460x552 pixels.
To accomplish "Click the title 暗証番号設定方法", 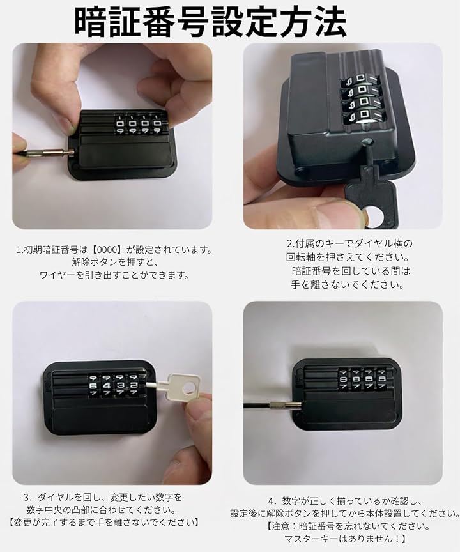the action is [x=210, y=22].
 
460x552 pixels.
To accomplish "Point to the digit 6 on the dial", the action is [x=93, y=386].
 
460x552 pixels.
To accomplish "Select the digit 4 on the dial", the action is [x=107, y=386].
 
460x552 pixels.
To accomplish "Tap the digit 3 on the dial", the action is [x=120, y=385].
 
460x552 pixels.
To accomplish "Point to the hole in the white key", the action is [x=189, y=388].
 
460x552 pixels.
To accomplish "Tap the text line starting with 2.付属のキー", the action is [x=349, y=243].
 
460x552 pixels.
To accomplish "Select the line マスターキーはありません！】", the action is [x=346, y=539].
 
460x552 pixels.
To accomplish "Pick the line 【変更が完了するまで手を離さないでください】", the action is [x=103, y=522].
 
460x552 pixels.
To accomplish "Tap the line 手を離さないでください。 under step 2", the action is [x=348, y=284].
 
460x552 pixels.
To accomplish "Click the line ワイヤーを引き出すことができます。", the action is [x=115, y=275].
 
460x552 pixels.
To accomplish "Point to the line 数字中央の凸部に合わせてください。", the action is [x=102, y=509].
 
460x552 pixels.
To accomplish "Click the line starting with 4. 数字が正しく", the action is [x=344, y=501].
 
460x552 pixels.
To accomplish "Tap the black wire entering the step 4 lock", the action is [x=257, y=406].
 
